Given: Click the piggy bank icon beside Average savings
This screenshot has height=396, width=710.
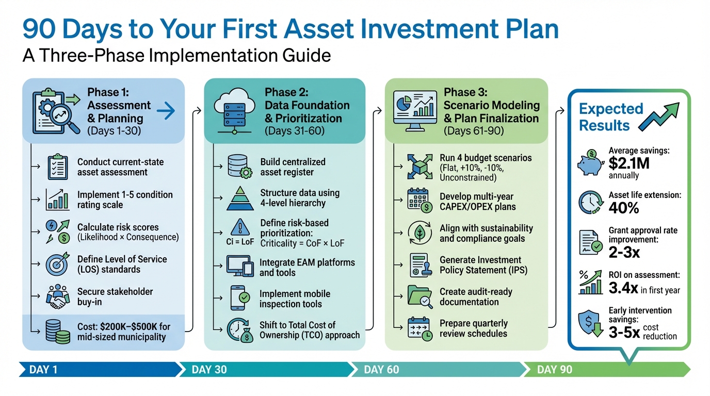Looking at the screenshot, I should [x=591, y=162].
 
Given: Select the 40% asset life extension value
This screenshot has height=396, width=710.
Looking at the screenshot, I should [x=624, y=207].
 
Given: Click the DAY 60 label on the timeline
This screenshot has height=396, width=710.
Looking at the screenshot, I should [x=381, y=369].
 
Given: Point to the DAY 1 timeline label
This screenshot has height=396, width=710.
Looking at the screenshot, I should [x=43, y=369].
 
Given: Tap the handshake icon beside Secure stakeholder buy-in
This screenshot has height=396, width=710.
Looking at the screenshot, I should [x=57, y=298].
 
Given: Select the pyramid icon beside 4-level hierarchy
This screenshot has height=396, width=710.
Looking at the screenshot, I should [x=240, y=199].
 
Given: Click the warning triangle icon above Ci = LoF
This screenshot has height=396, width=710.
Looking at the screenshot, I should [x=240, y=227].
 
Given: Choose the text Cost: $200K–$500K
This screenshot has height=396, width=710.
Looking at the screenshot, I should [x=124, y=326].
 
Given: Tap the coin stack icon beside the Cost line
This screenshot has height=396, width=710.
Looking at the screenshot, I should [x=57, y=331].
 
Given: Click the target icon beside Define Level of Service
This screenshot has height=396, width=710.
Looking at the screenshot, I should [x=57, y=265].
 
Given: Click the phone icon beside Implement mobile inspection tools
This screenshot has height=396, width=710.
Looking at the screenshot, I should [x=239, y=298].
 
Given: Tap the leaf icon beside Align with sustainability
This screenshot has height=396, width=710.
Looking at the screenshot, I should [x=420, y=233].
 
